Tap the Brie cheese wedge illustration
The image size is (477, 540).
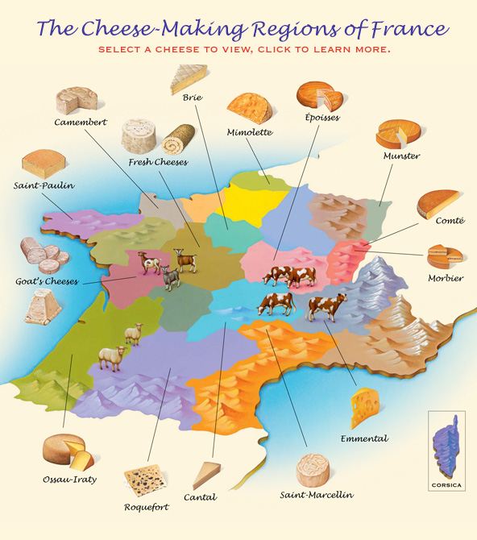coord(188,80)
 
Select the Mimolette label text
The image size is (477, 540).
coord(249,131)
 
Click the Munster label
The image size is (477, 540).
coord(401,155)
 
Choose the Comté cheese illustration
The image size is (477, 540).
coord(438,203)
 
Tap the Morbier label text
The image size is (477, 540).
coord(446,278)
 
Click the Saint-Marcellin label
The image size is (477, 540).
coord(316,494)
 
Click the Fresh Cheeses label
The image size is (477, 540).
coord(158,162)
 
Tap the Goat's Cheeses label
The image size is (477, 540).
coord(46,282)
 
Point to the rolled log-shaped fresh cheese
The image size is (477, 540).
coord(178,139)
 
